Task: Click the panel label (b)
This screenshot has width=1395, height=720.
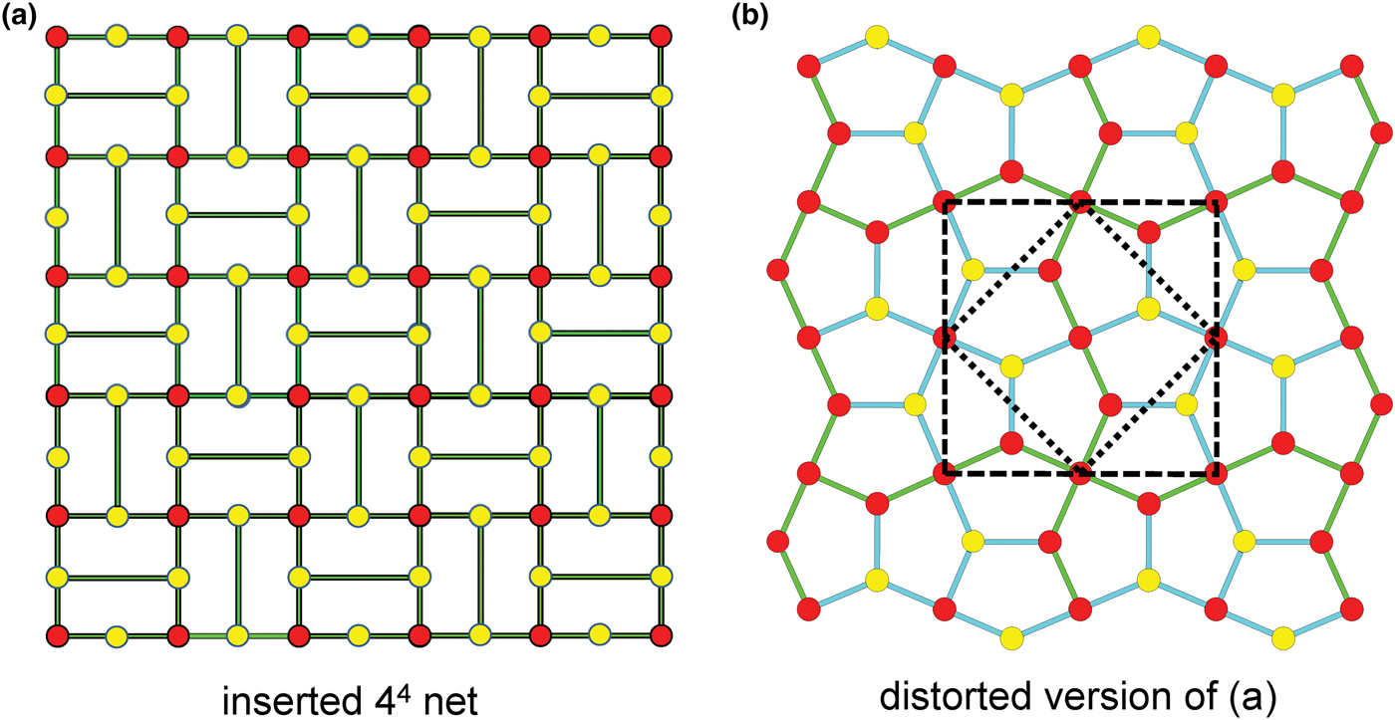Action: (x=747, y=17)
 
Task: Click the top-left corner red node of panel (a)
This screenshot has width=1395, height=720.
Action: (x=56, y=37)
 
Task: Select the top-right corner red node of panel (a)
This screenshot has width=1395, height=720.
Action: (x=660, y=37)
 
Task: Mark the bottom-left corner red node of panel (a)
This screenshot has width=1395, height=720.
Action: (x=56, y=634)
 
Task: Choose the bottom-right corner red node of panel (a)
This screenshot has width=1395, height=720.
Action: (x=660, y=634)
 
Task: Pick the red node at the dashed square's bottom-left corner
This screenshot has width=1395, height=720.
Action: (x=945, y=473)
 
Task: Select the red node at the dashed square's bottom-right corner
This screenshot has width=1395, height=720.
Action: (x=1215, y=473)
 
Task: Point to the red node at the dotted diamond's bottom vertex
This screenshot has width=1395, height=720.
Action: (x=1080, y=473)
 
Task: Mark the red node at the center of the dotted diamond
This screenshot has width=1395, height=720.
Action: (x=1080, y=337)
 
